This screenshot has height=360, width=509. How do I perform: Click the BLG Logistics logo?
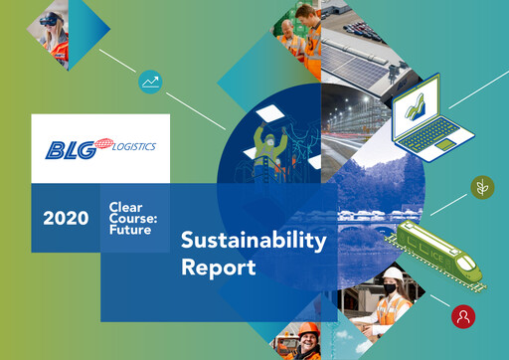[99, 149]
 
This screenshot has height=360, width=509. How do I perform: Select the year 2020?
[65, 217]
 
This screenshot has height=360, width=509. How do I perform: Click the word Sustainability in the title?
[254, 241]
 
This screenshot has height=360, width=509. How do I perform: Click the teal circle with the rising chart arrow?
[151, 82]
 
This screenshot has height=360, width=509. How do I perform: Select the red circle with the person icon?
[462, 316]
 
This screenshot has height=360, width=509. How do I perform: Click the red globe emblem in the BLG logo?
[93, 150]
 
